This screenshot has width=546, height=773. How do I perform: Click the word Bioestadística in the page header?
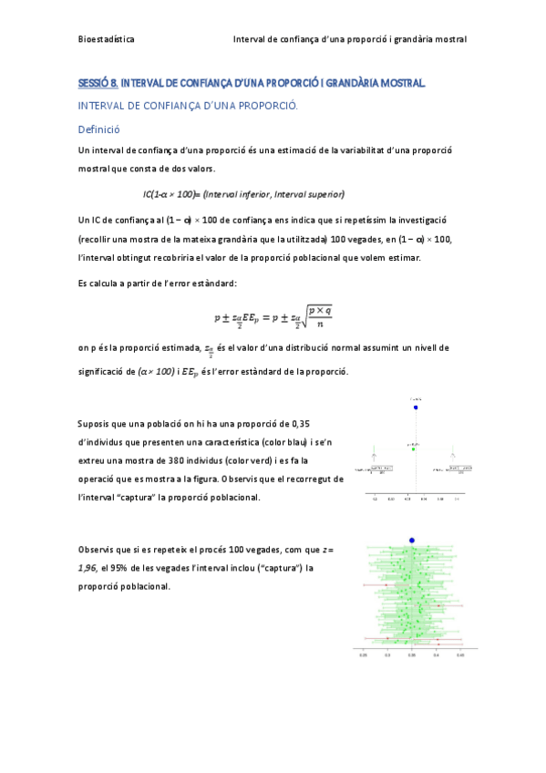pos(108,40)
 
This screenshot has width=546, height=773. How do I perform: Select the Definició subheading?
pos(100,129)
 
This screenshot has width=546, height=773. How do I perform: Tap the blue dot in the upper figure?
pos(416,407)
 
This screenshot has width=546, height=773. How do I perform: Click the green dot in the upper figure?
pos(413,449)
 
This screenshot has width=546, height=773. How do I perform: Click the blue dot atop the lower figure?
pos(412,541)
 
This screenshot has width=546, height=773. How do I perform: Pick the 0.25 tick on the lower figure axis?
pos(363,654)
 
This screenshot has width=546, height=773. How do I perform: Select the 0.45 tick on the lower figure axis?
pos(460,654)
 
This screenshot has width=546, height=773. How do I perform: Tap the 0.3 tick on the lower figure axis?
pos(387,654)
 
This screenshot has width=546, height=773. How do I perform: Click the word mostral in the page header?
pos(448,40)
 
